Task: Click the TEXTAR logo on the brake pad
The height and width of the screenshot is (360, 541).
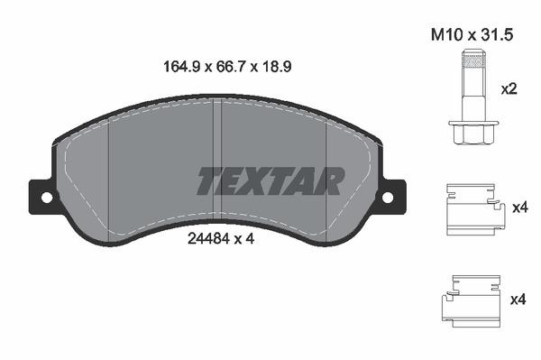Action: [270, 180]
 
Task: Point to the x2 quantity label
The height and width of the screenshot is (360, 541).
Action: [509, 91]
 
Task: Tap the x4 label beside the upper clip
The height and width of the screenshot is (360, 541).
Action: [518, 208]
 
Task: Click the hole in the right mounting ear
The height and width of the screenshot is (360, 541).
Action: [388, 197]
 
